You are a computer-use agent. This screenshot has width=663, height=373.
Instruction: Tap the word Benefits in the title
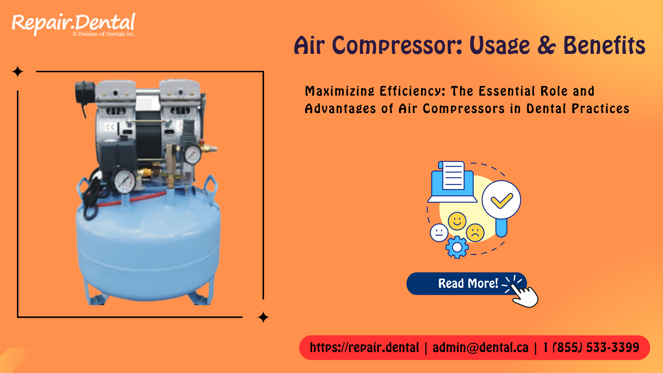604,46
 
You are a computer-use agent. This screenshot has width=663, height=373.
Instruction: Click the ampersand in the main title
546,46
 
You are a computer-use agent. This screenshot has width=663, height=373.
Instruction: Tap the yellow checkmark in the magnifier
501,200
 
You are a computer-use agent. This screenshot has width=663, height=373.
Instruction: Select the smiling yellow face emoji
457,221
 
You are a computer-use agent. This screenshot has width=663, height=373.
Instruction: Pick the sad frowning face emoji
475,232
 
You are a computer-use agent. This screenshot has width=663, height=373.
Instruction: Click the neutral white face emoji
439,233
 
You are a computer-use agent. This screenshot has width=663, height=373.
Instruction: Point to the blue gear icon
457,247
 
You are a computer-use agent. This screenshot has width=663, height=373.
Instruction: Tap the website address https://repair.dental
364,348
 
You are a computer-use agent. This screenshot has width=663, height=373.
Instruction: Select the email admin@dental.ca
480,348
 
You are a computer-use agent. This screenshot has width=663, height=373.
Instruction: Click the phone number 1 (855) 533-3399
591,348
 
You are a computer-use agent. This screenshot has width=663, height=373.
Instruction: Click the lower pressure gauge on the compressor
125,181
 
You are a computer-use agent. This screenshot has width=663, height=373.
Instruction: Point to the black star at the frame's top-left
18,72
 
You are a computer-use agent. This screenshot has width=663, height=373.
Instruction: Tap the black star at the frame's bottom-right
263,317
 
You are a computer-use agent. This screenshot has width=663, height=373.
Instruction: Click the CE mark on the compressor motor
110,127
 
